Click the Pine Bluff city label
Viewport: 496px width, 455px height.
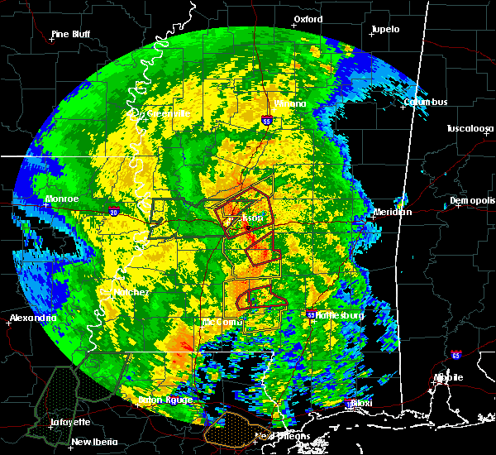coord(70,34)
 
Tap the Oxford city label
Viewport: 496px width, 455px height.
coord(308,18)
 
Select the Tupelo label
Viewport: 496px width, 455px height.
coord(384,29)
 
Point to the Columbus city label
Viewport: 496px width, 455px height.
coord(426,102)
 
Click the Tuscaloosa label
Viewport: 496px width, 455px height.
coord(470,128)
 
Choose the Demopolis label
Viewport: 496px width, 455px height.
coord(472,201)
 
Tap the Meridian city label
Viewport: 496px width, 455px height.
coord(392,212)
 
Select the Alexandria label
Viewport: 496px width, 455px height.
coord(33,318)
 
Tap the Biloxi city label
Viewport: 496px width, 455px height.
coord(361,403)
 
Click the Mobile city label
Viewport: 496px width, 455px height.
coord(451,377)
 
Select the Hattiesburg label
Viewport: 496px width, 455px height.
coord(341,315)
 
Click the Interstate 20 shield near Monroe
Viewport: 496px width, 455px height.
coord(113,212)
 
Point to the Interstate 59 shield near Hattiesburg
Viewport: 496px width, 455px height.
coord(311,314)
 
